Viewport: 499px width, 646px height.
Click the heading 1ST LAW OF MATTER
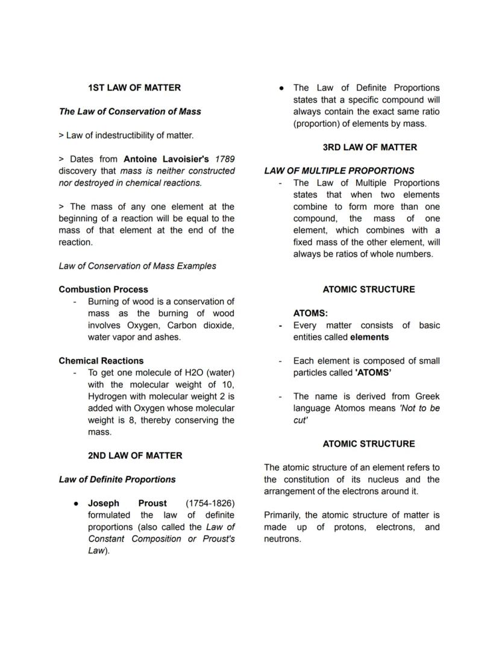(x=134, y=87)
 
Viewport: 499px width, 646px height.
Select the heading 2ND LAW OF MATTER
(x=134, y=455)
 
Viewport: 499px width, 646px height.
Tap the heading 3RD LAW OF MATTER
(x=369, y=147)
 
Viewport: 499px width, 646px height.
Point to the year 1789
(x=224, y=159)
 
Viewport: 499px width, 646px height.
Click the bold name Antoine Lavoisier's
(x=166, y=159)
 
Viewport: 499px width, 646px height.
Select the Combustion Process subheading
(x=103, y=290)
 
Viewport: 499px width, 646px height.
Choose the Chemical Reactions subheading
(x=101, y=361)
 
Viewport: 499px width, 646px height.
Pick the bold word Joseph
(x=104, y=503)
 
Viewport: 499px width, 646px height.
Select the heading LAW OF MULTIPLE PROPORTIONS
(x=339, y=171)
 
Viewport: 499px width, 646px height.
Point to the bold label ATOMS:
(x=310, y=314)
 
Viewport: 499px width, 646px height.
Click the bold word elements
(x=369, y=337)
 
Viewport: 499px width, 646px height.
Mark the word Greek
(x=427, y=396)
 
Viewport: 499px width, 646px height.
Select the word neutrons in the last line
(x=282, y=539)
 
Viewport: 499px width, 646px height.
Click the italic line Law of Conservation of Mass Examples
(x=137, y=266)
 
